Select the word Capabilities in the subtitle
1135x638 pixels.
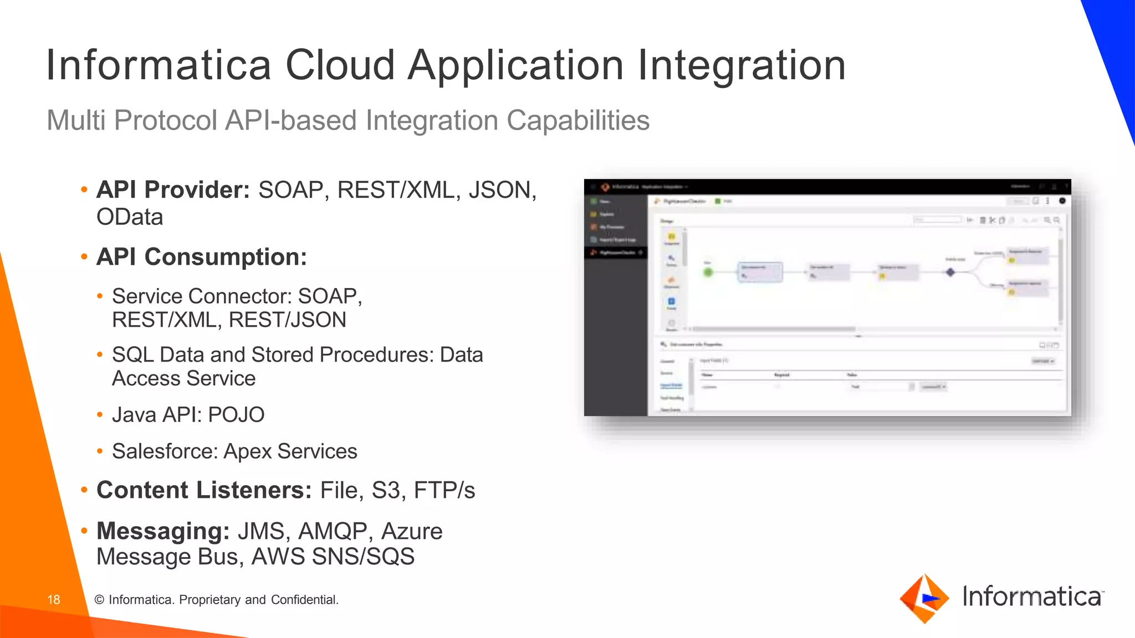click(577, 121)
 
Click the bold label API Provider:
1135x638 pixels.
click(173, 190)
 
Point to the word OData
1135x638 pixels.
click(130, 217)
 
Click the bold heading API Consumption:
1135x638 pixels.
click(202, 257)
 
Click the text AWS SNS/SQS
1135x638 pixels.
click(333, 557)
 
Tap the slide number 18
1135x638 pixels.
click(54, 600)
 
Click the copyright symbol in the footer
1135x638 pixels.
click(100, 600)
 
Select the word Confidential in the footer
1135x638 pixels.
click(305, 600)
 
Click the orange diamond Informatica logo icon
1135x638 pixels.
click(924, 598)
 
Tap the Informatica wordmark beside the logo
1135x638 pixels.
click(1032, 596)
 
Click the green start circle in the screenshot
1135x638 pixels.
click(708, 272)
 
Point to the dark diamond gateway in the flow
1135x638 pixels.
click(950, 272)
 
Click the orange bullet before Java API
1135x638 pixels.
click(100, 415)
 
